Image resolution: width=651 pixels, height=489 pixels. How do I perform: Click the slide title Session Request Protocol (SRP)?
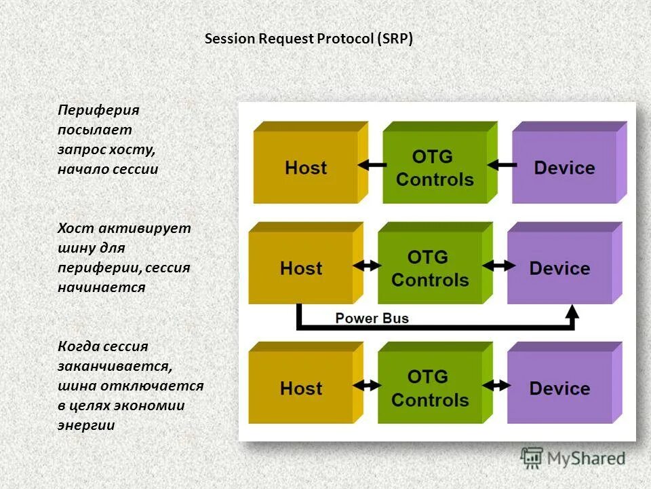tap(309, 39)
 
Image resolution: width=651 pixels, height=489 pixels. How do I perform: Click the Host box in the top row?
tap(311, 162)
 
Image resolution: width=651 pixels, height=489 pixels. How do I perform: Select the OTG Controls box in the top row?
tap(440, 162)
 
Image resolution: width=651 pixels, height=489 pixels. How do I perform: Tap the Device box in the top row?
tap(570, 162)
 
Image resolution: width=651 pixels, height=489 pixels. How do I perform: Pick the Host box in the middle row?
tap(306, 264)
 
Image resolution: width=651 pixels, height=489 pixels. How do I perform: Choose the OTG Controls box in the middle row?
tap(435, 264)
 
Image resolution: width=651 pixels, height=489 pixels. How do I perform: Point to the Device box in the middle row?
tap(565, 264)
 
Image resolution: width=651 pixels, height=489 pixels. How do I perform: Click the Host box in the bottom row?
tap(306, 383)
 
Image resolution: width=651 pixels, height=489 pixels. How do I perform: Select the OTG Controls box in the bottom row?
tap(435, 383)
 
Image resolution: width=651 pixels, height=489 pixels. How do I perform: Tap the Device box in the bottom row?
tap(565, 383)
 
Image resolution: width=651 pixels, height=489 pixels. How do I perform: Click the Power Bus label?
tap(372, 319)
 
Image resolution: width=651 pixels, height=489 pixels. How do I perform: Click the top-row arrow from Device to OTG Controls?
tap(502, 165)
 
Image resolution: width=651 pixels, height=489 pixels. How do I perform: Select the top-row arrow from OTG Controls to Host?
tap(372, 165)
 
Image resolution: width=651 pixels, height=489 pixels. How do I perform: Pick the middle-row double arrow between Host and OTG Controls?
tap(367, 266)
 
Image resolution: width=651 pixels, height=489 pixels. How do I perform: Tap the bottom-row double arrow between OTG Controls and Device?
tap(496, 386)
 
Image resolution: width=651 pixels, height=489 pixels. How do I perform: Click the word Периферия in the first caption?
tap(98, 110)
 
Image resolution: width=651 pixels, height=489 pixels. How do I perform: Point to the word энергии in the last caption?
tap(86, 425)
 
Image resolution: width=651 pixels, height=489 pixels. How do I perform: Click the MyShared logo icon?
tap(532, 458)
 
